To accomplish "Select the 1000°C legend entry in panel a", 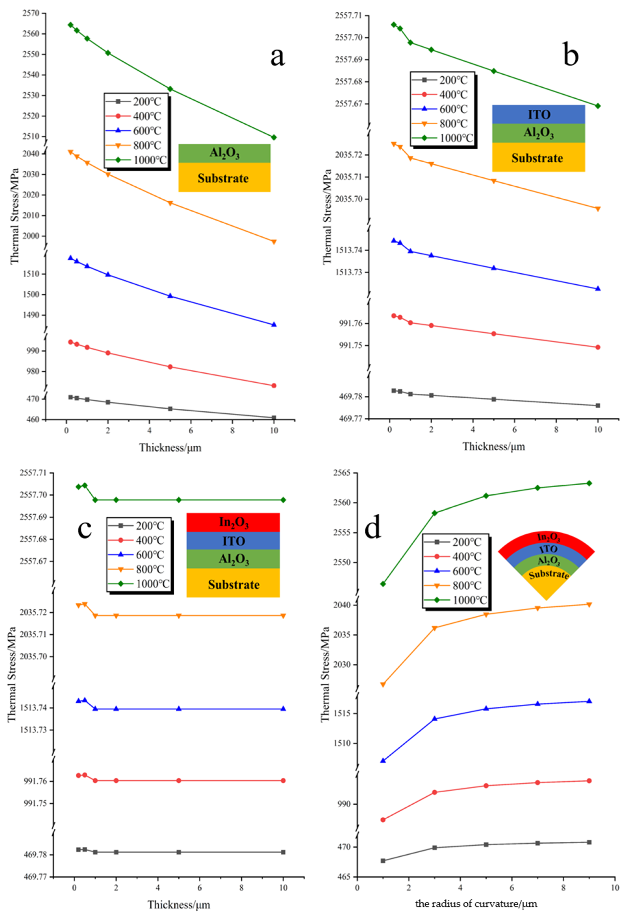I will (136, 160).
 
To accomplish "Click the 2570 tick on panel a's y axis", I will (30, 13).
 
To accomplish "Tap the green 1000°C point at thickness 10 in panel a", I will (274, 137).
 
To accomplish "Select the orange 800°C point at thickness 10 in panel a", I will (274, 242).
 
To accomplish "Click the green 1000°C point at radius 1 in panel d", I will (383, 584).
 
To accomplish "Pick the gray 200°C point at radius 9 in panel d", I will (589, 842).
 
